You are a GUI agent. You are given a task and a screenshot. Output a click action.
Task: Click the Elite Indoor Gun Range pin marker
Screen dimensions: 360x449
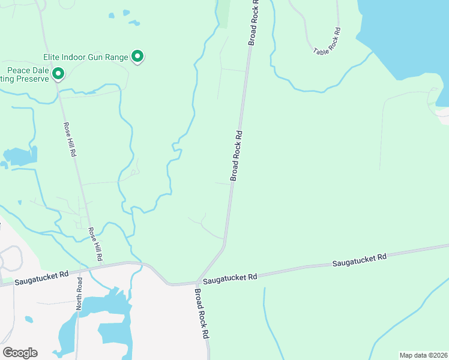137,57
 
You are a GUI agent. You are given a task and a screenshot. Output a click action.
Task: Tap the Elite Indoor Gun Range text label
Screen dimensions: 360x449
86,58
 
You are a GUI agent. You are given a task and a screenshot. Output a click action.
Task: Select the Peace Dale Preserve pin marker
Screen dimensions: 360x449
58,74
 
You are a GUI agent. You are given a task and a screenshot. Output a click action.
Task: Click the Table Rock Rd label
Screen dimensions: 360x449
327,42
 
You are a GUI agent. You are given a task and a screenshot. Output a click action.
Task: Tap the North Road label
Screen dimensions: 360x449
79,293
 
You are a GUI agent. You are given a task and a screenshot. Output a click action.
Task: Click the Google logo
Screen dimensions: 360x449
20,353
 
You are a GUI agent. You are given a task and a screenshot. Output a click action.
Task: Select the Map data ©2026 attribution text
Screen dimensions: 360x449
423,355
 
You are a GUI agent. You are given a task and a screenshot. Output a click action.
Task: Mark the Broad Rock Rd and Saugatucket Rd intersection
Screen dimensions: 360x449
197,281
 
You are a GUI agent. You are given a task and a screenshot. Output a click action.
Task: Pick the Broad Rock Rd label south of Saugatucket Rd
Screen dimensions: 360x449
200,314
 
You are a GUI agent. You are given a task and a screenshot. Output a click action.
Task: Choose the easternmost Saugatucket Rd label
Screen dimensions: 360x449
359,260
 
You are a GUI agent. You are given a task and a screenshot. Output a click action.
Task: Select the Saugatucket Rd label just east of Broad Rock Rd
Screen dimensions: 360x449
229,278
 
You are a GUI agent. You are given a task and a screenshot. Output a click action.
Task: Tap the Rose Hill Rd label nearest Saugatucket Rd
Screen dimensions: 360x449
95,244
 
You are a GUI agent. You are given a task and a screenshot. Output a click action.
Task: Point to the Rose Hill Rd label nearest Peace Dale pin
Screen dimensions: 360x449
69,140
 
